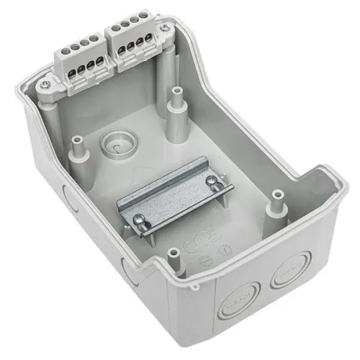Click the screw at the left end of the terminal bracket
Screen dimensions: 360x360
pyautogui.click(x=45, y=85)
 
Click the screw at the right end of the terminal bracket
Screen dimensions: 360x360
pyautogui.click(x=167, y=30)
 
